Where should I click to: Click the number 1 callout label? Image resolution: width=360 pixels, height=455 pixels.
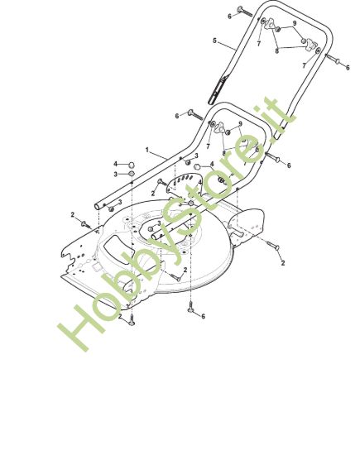[x=147, y=150]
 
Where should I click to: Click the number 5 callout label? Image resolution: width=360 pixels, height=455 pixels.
[x=214, y=41]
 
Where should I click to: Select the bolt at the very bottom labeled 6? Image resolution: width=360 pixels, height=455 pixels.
[x=190, y=307]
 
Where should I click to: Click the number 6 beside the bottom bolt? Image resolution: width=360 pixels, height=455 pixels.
[x=203, y=316]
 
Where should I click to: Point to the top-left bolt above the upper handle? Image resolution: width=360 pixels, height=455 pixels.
[x=245, y=12]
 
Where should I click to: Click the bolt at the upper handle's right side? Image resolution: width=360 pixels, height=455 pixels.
[x=333, y=59]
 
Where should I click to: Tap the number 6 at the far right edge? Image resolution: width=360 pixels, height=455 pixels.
[x=348, y=67]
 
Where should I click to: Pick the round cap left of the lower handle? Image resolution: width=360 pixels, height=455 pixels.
[x=132, y=165]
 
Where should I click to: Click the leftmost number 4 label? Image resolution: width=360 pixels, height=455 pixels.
[x=116, y=165]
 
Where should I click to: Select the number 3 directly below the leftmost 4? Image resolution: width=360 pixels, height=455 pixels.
[x=116, y=175]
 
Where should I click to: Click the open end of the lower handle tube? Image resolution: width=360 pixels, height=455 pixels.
[x=98, y=207]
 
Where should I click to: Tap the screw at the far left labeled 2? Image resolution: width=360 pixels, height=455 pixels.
[x=86, y=225]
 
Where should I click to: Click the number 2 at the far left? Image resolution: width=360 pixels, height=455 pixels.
[x=72, y=215]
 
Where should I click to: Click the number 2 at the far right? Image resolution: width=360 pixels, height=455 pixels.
[x=283, y=263]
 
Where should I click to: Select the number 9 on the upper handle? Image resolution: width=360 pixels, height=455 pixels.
[x=295, y=23]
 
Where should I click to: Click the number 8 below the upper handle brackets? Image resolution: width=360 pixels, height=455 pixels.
[x=277, y=51]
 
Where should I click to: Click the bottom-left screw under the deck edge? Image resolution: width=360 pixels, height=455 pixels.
[x=132, y=321]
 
